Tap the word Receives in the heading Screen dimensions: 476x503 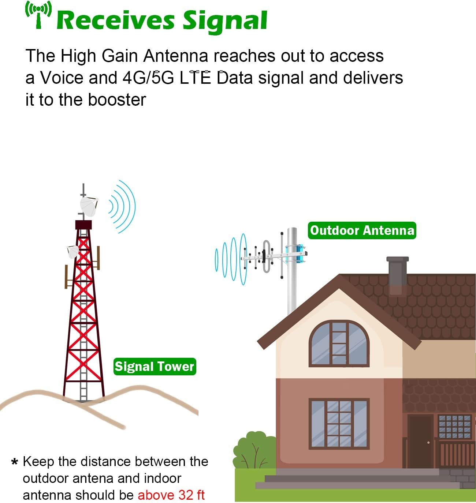click(x=116, y=20)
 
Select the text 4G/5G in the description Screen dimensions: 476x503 click(x=148, y=78)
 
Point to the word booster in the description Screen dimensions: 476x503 click(x=117, y=100)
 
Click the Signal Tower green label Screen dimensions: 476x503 click(x=155, y=367)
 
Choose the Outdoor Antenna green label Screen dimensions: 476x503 click(x=362, y=230)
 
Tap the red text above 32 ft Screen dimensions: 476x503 click(x=171, y=495)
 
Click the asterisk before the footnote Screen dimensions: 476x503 click(x=15, y=462)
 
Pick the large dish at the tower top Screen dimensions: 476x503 click(x=89, y=206)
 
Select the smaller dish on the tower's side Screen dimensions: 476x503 click(x=73, y=252)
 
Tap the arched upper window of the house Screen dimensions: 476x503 click(x=339, y=344)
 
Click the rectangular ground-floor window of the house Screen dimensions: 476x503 click(x=339, y=424)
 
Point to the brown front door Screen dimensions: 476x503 click(x=420, y=441)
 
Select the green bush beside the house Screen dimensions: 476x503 click(x=255, y=451)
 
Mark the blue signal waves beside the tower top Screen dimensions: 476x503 click(x=122, y=206)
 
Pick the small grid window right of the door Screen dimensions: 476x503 click(x=455, y=427)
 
